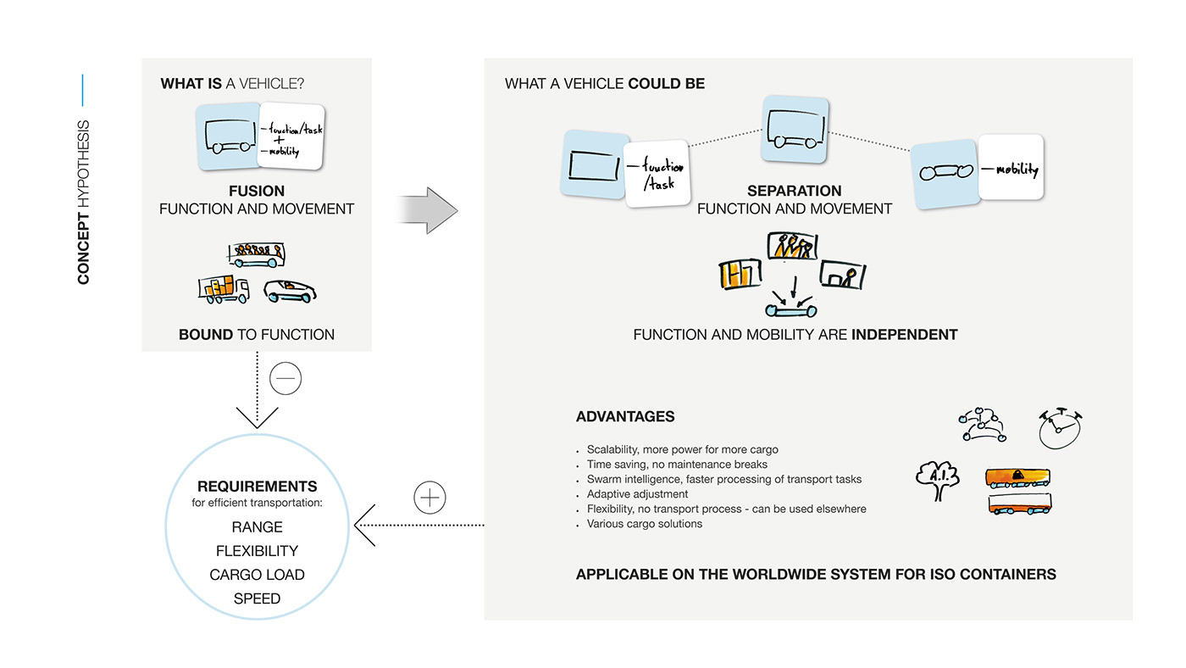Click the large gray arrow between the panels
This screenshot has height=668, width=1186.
(x=428, y=210)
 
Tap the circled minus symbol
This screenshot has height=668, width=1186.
(x=285, y=379)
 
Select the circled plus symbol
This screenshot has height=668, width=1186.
(x=430, y=498)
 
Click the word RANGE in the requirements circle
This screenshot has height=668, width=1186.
(x=257, y=527)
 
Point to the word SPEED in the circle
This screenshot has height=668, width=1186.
(x=257, y=598)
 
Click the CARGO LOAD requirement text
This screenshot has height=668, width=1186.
(x=257, y=575)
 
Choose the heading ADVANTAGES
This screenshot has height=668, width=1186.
(x=625, y=416)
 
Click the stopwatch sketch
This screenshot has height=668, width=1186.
(x=1060, y=428)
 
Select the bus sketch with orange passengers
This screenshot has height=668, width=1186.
(x=256, y=254)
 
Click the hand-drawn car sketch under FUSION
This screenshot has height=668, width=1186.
(x=290, y=291)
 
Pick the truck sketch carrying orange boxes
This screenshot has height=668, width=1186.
(x=224, y=290)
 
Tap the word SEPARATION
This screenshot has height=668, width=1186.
(x=794, y=191)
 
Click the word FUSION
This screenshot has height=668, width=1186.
(x=257, y=191)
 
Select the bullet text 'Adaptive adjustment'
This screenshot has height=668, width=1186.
(x=637, y=493)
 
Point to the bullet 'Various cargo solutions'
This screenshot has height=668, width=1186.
(x=644, y=524)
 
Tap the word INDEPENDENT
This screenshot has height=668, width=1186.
(x=904, y=334)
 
